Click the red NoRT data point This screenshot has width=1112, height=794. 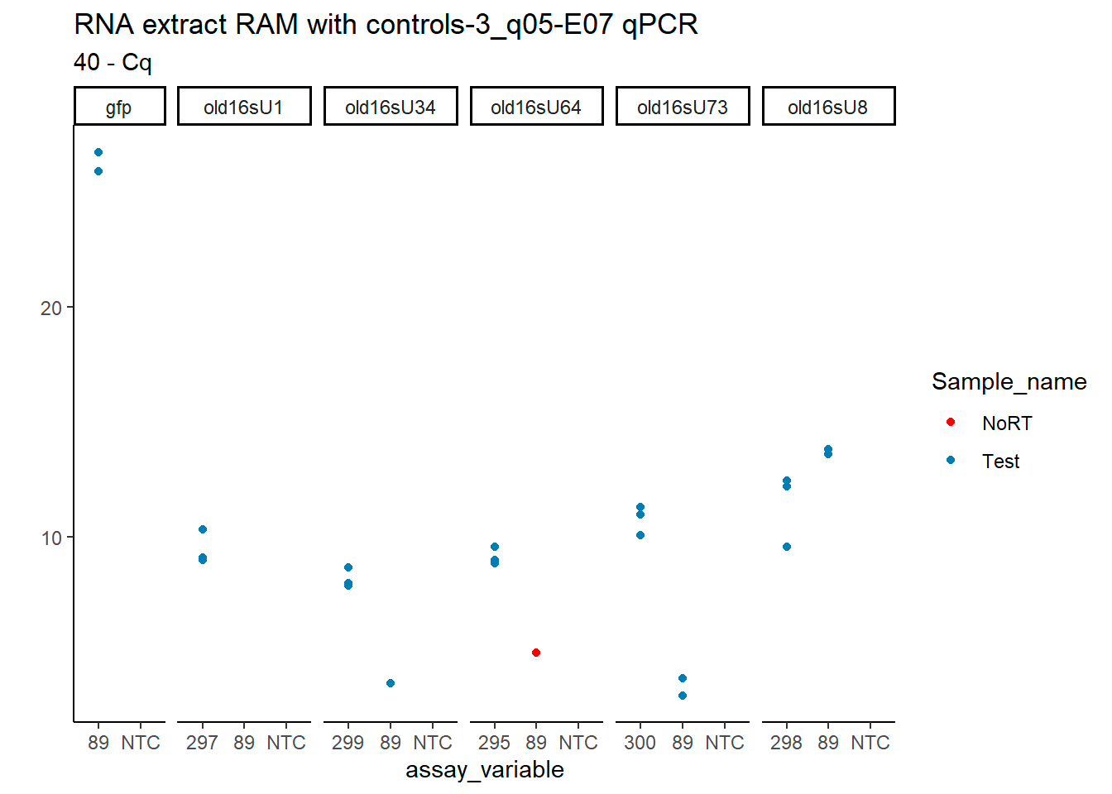point(536,653)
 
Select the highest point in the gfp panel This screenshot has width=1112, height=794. point(98,152)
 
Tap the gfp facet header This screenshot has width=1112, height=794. point(119,108)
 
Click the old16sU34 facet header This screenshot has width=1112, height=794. point(390,108)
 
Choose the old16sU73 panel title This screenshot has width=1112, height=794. point(682,108)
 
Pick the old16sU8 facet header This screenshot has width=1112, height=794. point(827,108)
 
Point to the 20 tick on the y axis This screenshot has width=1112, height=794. point(51,309)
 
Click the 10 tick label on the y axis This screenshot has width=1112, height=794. point(51,538)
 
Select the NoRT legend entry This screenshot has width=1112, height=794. point(1006,423)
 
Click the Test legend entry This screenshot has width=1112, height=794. point(1000,462)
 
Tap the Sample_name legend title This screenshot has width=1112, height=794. point(1009,381)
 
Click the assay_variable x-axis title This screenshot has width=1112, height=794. point(484,770)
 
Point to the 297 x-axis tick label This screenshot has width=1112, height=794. point(202,743)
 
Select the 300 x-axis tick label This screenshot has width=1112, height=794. point(640,743)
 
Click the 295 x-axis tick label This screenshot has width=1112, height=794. point(494,743)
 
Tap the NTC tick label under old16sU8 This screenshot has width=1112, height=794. point(870,743)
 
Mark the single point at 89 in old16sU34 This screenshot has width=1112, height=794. point(391,683)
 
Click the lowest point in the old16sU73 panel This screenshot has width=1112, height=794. point(683,696)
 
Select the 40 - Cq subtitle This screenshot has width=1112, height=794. point(113,63)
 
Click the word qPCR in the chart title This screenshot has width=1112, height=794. point(659,25)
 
